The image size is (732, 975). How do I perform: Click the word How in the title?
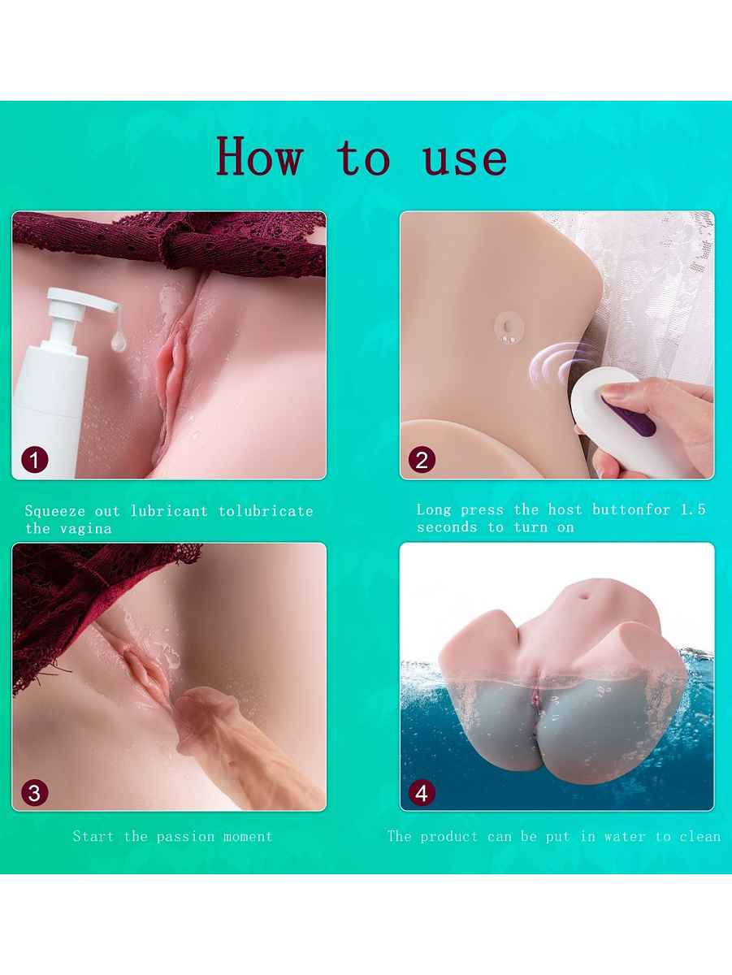point(259,156)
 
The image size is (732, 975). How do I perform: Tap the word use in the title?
point(465,159)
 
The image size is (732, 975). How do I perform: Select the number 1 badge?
point(35,459)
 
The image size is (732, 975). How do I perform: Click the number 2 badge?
point(422,459)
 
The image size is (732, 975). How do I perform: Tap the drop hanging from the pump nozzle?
point(119,342)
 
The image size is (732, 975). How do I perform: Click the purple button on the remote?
point(629,416)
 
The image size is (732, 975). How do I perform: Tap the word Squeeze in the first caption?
point(54,511)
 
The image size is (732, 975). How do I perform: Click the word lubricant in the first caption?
point(169,511)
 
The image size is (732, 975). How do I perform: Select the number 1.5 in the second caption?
point(693,509)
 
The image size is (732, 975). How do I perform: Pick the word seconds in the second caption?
point(447,527)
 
